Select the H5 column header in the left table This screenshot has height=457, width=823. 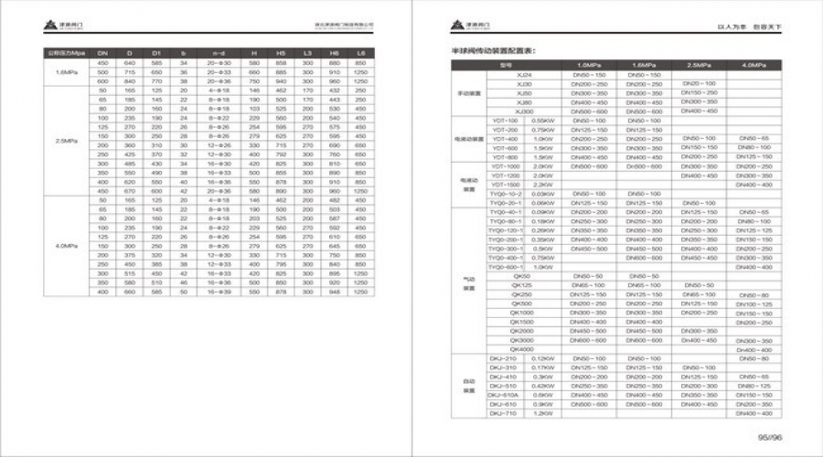coord(281,53)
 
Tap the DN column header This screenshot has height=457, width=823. coord(102,53)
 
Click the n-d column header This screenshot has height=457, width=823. coord(218,53)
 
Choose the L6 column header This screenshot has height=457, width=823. coord(360,53)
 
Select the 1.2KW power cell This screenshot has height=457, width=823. coord(541,413)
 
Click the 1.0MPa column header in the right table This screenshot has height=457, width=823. coord(589,66)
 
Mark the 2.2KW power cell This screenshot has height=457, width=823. coord(541,185)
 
